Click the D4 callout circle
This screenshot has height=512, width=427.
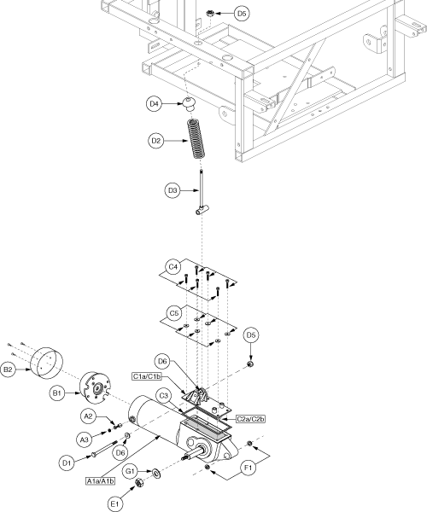tap(154, 104)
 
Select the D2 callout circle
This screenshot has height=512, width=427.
tap(155, 141)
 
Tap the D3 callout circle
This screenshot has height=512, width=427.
tap(173, 190)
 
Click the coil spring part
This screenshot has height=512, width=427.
tap(196, 139)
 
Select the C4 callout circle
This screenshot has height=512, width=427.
tap(173, 267)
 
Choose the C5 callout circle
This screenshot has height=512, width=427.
tap(174, 313)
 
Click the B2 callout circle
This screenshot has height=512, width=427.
tap(8, 369)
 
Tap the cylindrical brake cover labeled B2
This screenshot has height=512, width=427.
tap(46, 364)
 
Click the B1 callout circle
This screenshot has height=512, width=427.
tap(57, 393)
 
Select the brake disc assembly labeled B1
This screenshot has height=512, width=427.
tap(96, 387)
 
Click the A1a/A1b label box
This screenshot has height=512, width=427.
tap(101, 481)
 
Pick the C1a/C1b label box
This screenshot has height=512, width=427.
tap(147, 376)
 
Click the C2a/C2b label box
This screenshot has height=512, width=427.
tap(250, 419)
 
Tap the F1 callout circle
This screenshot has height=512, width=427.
tap(249, 468)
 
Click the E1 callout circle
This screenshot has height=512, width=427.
tap(114, 504)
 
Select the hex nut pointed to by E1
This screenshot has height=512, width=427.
tap(138, 482)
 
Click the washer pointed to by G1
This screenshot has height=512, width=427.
tap(155, 472)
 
